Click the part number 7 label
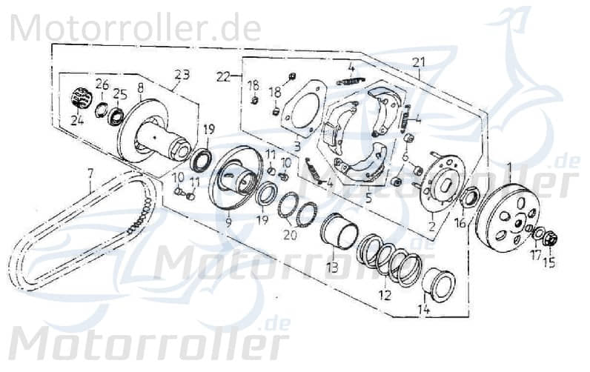click(x=90, y=174)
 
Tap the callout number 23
click(x=182, y=74)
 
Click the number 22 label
click(x=223, y=75)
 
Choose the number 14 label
click(x=425, y=310)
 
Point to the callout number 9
click(x=228, y=222)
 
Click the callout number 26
click(x=102, y=84)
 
